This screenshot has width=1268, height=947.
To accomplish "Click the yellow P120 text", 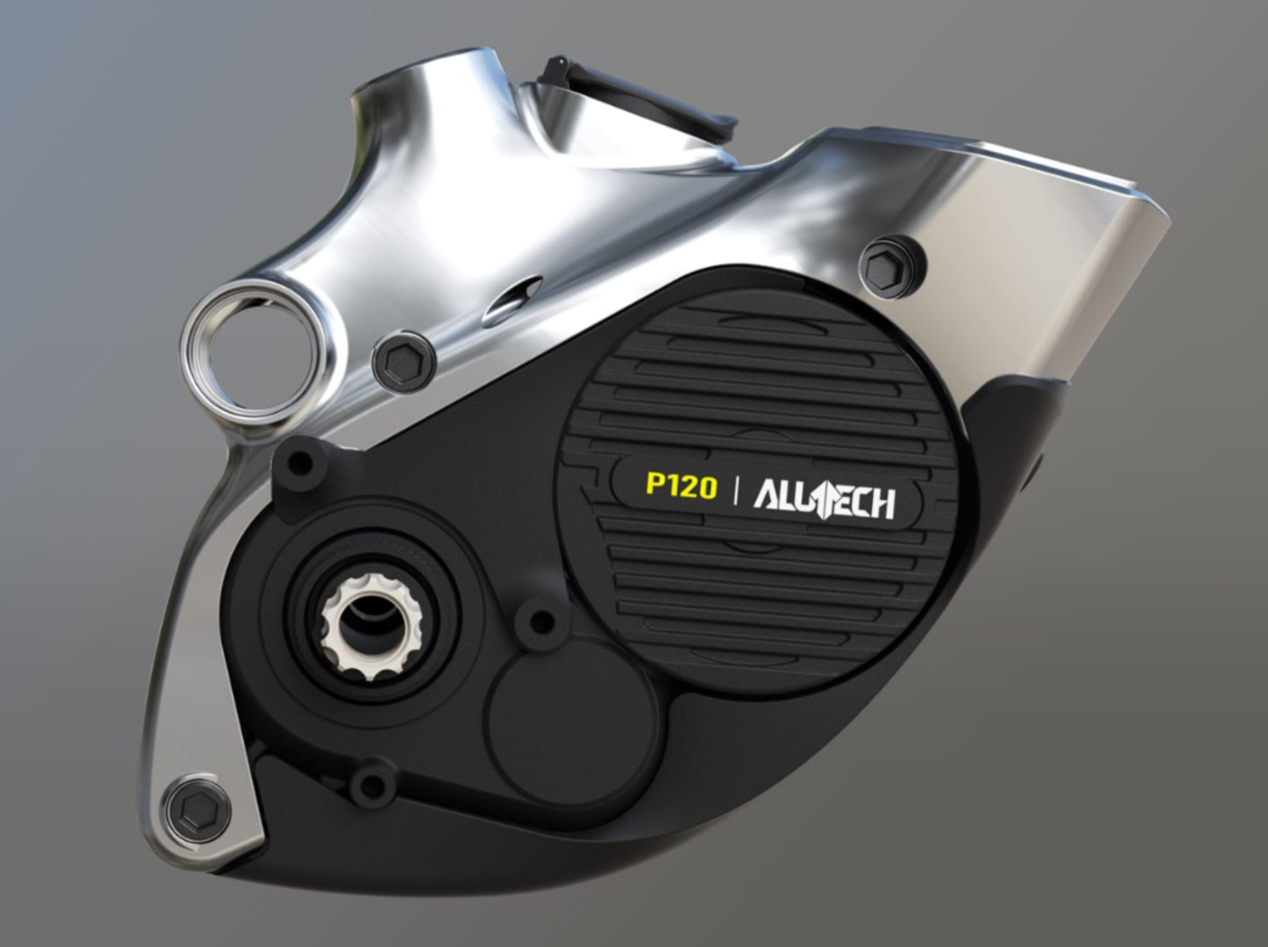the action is point(681,486).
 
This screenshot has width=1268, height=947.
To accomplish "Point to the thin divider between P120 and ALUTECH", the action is point(735,491).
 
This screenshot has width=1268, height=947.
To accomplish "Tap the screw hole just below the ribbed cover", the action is point(541,621).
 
